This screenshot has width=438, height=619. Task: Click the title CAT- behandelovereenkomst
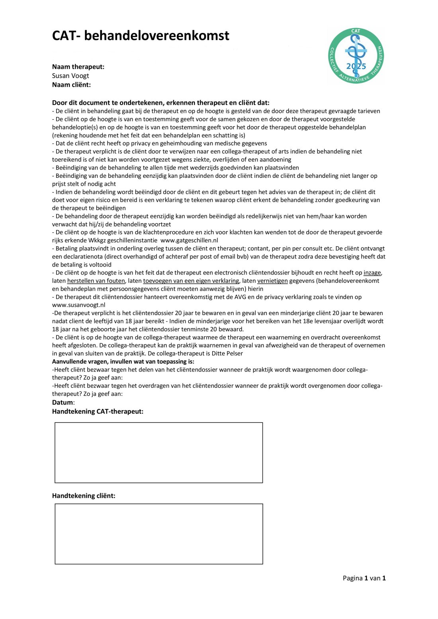pos(141,36)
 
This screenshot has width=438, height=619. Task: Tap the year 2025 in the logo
pos(356,66)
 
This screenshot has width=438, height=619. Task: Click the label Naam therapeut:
pos(78,67)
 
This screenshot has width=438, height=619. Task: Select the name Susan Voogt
pos(70,76)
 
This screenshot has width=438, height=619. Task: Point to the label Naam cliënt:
pos(71,85)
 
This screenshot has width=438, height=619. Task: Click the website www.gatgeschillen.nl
pos(189,240)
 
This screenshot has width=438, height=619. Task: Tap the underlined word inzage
pos(372,273)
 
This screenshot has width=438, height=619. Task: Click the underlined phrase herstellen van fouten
pos(96,281)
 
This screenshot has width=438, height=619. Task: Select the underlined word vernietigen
pos(272,281)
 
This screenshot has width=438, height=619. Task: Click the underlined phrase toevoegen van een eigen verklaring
pos(191,281)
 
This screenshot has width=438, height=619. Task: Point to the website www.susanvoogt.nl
pos(78,305)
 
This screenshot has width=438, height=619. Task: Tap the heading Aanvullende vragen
pos(123,362)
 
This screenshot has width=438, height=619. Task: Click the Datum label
pos(63,403)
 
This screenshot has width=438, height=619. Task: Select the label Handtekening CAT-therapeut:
pos(98,411)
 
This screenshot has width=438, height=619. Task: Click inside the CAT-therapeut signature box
pos(158,453)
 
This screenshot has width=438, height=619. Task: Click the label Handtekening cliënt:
pos(84,496)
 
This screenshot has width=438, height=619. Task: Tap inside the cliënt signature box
pos(158,534)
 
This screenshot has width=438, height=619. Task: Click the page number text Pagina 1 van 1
pos(364,578)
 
